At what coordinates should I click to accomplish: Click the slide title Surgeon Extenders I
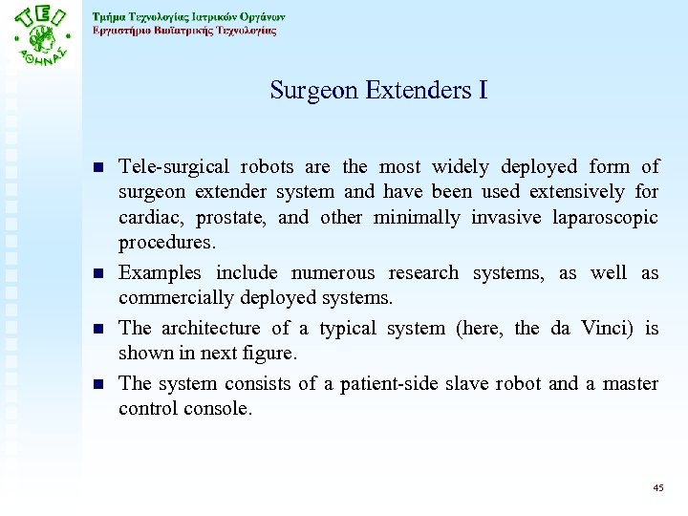pyautogui.click(x=378, y=91)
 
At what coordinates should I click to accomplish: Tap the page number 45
pyautogui.click(x=657, y=487)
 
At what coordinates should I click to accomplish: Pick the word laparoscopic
pyautogui.click(x=605, y=218)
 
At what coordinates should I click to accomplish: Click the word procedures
pyautogui.click(x=161, y=244)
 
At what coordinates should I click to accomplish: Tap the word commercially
pyautogui.click(x=172, y=298)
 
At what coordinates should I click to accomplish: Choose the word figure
pyautogui.click(x=270, y=354)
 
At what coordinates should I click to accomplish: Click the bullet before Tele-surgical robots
pyautogui.click(x=99, y=168)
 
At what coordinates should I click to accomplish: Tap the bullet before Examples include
pyautogui.click(x=99, y=274)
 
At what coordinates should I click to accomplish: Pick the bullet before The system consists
pyautogui.click(x=99, y=385)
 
